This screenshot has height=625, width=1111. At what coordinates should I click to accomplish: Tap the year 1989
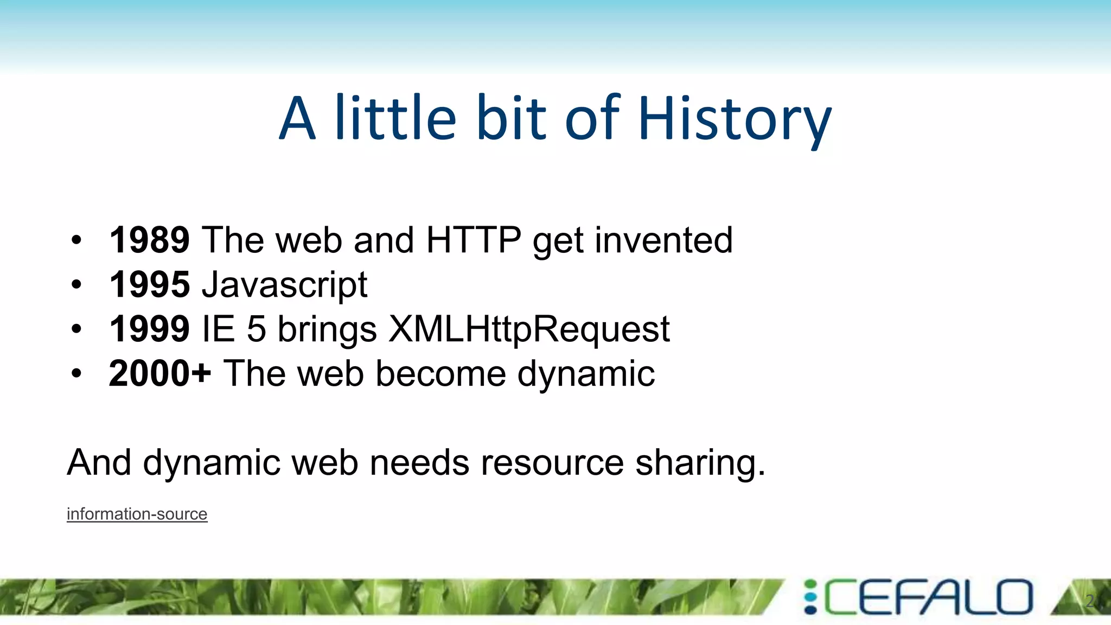coord(149,240)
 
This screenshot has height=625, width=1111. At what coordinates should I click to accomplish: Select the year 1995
coord(149,284)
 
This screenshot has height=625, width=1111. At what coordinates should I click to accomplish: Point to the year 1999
coord(149,329)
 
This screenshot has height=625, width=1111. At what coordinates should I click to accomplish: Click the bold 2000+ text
coord(159,373)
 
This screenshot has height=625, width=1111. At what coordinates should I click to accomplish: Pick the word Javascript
coord(284,285)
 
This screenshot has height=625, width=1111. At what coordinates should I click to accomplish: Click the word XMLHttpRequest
coord(529,329)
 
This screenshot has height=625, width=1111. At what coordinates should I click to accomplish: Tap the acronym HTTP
coord(473,240)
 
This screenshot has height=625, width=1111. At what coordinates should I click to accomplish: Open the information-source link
coord(137,514)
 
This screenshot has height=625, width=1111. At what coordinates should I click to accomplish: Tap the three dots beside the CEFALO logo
coord(810,597)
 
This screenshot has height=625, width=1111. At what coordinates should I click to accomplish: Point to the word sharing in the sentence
coord(700,463)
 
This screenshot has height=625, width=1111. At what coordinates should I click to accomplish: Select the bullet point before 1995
coord(76,284)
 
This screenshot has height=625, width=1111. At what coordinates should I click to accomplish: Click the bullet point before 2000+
coord(76,373)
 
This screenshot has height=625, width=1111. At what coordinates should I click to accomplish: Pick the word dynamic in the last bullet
coord(586,374)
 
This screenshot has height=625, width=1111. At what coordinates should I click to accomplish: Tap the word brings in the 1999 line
coord(327,330)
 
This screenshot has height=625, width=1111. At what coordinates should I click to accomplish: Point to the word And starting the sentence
coord(99,462)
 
